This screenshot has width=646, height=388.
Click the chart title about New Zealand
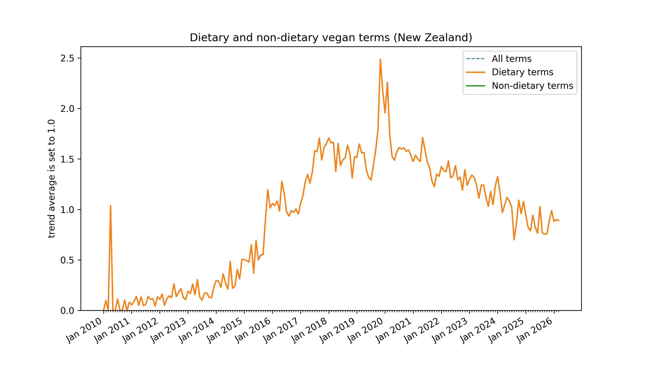pos(331,38)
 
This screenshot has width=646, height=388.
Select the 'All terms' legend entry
pos(511,59)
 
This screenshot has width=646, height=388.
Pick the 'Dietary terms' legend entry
pos(522,72)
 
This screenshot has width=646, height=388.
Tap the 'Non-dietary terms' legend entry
pos(532,86)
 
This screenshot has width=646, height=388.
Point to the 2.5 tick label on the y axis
pos(67,58)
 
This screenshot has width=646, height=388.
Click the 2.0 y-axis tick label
pos(67,109)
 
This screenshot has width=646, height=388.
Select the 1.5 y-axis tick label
pos(67,159)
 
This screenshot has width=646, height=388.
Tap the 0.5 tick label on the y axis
pos(67,260)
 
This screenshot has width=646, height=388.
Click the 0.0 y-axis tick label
pos(67,311)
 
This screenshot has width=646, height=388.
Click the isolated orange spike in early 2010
pos(110,206)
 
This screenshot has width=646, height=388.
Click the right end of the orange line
pos(559,221)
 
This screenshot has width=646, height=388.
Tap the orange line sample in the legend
pos(475,72)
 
